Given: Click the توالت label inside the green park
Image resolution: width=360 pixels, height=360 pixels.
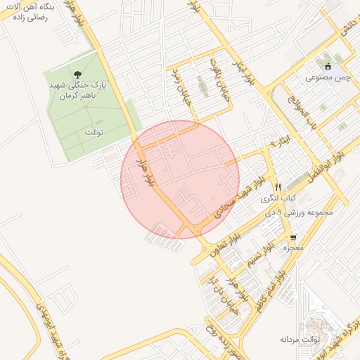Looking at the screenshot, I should (94, 131).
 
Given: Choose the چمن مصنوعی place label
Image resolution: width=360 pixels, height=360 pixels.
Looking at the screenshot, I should (325, 77).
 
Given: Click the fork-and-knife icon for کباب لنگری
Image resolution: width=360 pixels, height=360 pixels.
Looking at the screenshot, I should (278, 187).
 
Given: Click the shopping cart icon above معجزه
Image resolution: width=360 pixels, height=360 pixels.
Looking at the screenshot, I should (292, 238).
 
